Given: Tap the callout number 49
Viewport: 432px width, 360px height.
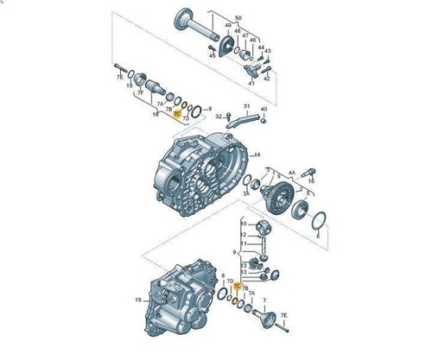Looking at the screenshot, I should click(x=227, y=26).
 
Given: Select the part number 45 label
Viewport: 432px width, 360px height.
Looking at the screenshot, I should click(x=211, y=56).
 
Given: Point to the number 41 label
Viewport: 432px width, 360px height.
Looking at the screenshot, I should click(x=251, y=83).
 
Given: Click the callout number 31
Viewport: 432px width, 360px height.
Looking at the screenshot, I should click(x=245, y=106).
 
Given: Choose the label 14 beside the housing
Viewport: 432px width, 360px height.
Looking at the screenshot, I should click(x=257, y=155).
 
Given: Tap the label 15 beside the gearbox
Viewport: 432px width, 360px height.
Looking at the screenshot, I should click(x=137, y=300).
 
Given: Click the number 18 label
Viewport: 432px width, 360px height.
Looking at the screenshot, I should click(x=156, y=113).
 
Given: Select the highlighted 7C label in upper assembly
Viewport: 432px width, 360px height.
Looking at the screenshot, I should click(x=177, y=112).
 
